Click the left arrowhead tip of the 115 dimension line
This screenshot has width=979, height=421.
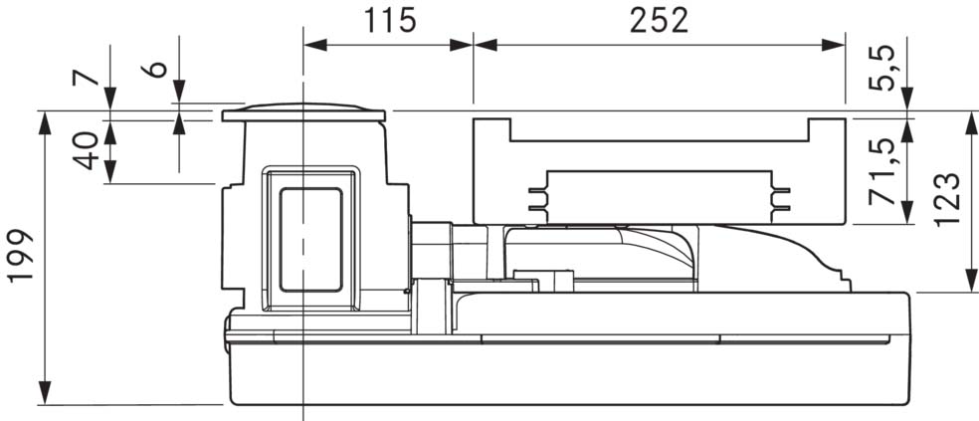click(304, 45)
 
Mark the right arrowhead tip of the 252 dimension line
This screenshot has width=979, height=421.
click(845, 45)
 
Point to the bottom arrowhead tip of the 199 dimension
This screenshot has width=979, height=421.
click(45, 404)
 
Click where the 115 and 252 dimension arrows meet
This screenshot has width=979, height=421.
click(474, 45)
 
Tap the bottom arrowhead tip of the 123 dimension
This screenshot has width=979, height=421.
click(971, 291)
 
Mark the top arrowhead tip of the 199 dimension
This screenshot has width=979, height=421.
click(45, 111)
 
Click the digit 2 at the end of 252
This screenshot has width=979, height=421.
click(679, 21)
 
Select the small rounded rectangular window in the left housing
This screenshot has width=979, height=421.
click(311, 240)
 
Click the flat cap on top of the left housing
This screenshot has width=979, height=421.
click(303, 112)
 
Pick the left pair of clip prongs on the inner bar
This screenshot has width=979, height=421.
click(538, 199)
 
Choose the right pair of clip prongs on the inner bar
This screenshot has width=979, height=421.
click(780, 199)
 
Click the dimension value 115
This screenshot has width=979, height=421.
click(390, 21)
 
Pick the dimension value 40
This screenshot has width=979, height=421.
click(87, 150)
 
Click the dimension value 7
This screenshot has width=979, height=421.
click(87, 78)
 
